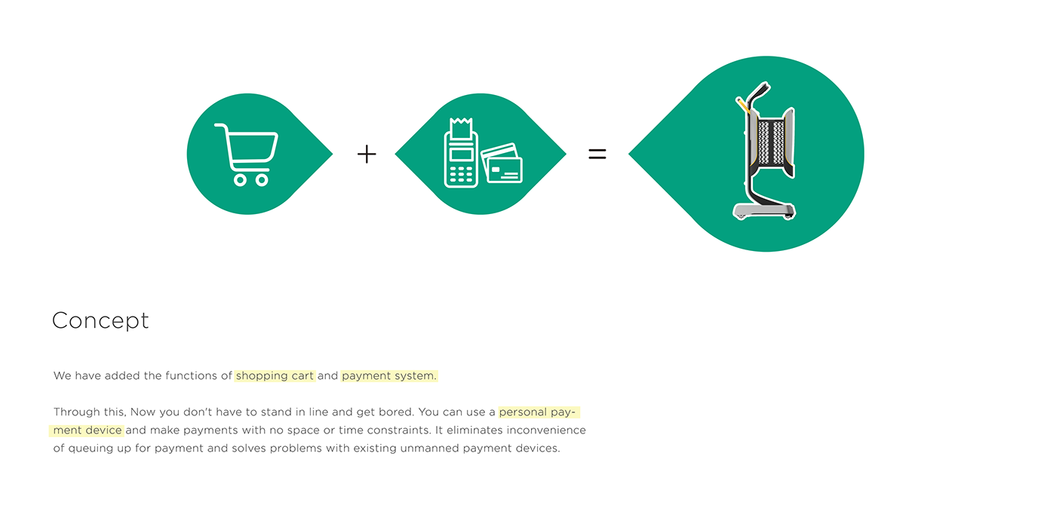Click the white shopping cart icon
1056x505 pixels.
click(246, 154)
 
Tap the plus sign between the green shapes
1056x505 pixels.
click(367, 155)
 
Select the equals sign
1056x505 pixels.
click(597, 155)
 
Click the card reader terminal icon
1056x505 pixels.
click(460, 160)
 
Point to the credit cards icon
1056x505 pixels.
click(502, 164)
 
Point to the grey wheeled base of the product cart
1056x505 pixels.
click(764, 210)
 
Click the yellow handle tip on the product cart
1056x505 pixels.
click(742, 105)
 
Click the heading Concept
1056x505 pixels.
click(100, 321)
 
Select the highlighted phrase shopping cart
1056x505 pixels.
click(275, 375)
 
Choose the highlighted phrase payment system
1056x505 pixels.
click(388, 375)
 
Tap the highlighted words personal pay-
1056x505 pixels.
click(538, 412)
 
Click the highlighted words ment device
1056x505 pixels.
click(87, 430)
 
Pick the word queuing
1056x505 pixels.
click(87, 448)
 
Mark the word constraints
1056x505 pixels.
click(391, 430)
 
